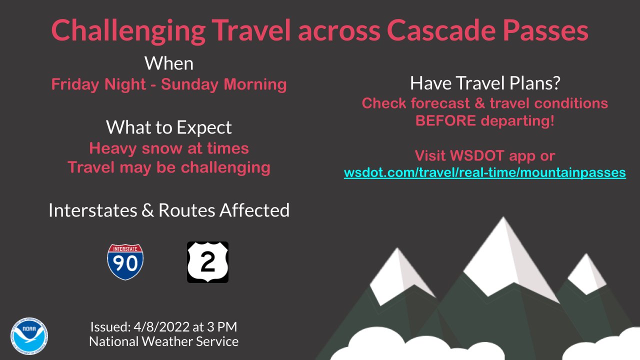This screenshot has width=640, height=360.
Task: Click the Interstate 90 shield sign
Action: coord(125,262)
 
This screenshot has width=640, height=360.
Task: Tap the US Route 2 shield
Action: coord(207,262)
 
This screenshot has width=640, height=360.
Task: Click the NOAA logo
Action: coord(29,336)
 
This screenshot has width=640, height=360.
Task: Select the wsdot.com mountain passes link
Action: coord(484,173)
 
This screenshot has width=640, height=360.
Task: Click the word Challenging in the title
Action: coord(127,31)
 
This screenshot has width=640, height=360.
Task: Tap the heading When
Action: coord(168,63)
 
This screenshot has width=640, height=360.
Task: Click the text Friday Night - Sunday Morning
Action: coord(168,84)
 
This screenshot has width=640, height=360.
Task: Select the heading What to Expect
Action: coord(168,127)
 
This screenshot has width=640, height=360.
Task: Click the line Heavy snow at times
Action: coord(168,148)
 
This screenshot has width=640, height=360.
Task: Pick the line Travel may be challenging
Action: coord(168,167)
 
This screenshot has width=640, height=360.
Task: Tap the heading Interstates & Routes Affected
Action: coord(168,210)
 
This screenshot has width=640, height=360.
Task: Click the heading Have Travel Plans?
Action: coord(484,83)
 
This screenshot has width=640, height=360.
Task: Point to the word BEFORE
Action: coord(445,121)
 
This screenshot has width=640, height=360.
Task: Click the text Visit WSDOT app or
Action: coord(484,155)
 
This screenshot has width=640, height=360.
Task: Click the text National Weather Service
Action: coord(163,342)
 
